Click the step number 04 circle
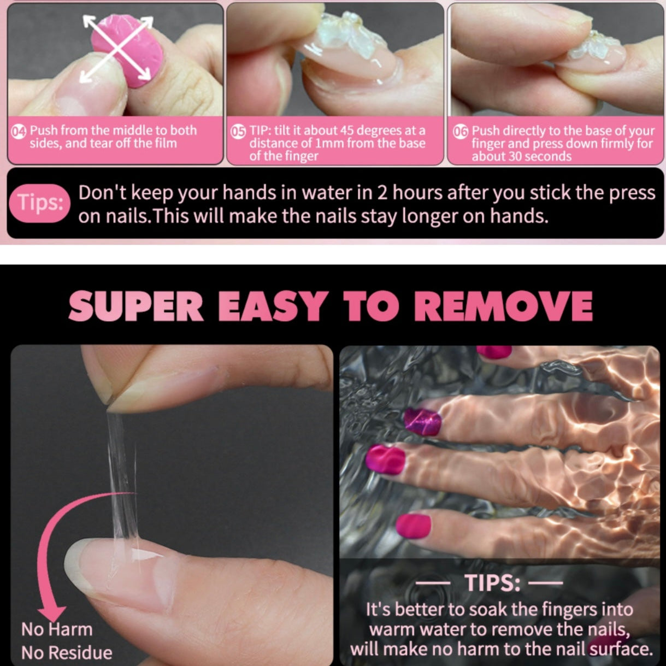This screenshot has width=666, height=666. [x=19, y=131]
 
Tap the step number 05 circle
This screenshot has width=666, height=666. [x=238, y=131]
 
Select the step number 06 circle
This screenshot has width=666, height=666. [x=461, y=131]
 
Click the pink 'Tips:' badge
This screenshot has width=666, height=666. [x=39, y=203]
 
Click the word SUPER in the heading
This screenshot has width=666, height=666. [x=136, y=306]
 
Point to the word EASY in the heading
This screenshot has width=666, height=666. [x=273, y=306]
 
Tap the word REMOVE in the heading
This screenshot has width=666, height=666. [x=504, y=306]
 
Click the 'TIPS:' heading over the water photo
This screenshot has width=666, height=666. [x=492, y=584]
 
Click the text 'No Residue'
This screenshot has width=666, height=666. [x=67, y=652]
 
